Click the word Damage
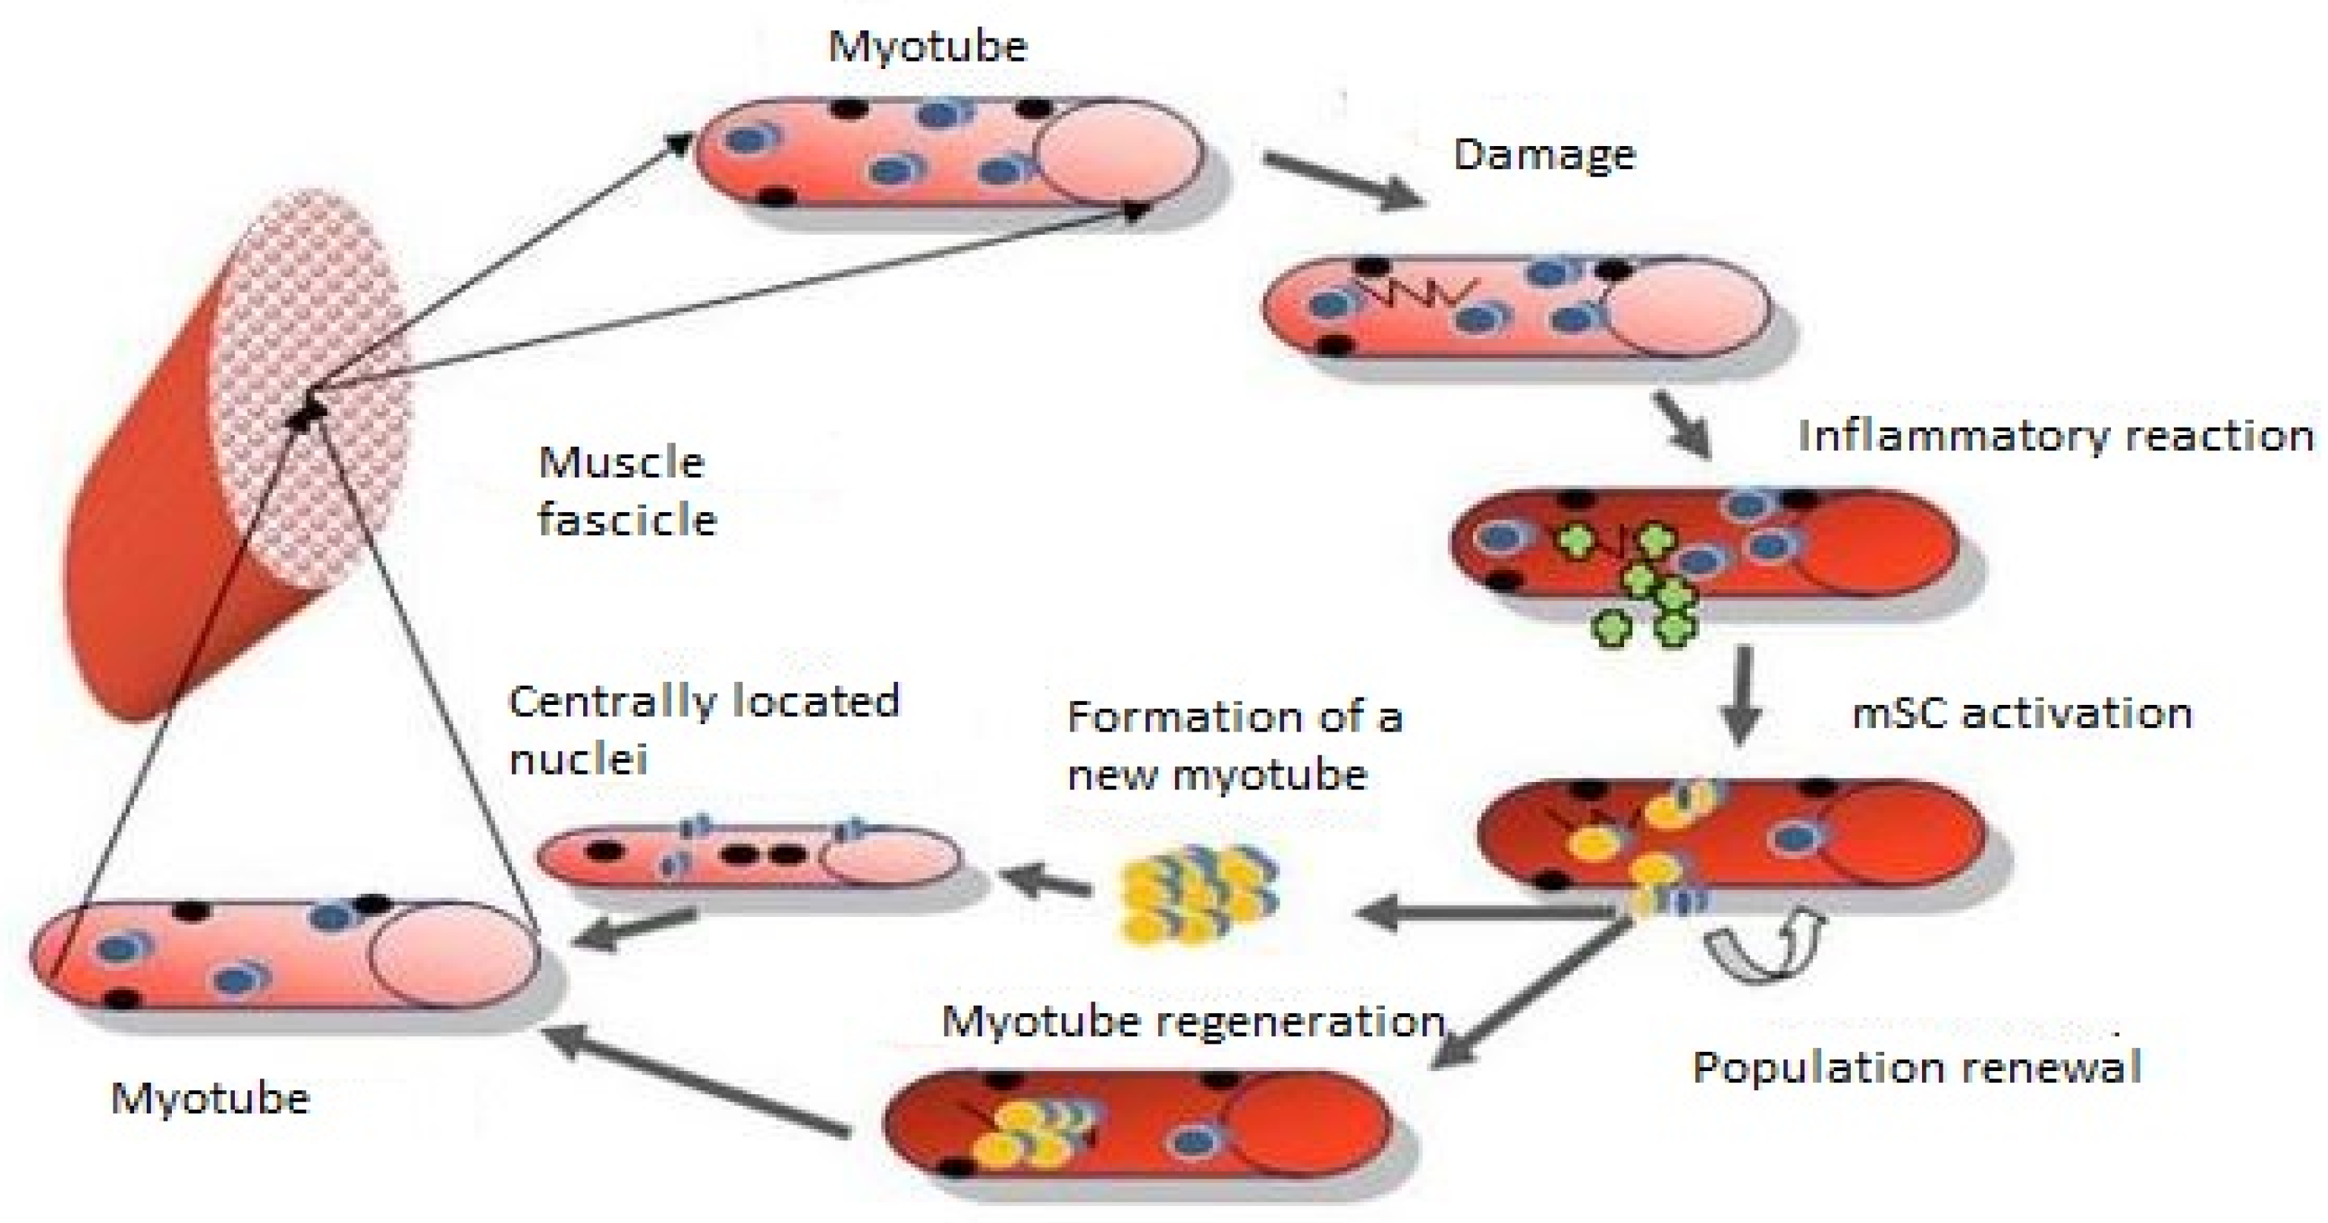[x=1543, y=156]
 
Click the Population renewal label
[x=1916, y=1067]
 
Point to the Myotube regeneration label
[x=1193, y=1022]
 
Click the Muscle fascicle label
[x=625, y=491]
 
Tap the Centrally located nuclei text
[x=703, y=729]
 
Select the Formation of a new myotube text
[x=1234, y=745]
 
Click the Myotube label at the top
[x=927, y=45]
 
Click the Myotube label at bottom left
[x=210, y=1099]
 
